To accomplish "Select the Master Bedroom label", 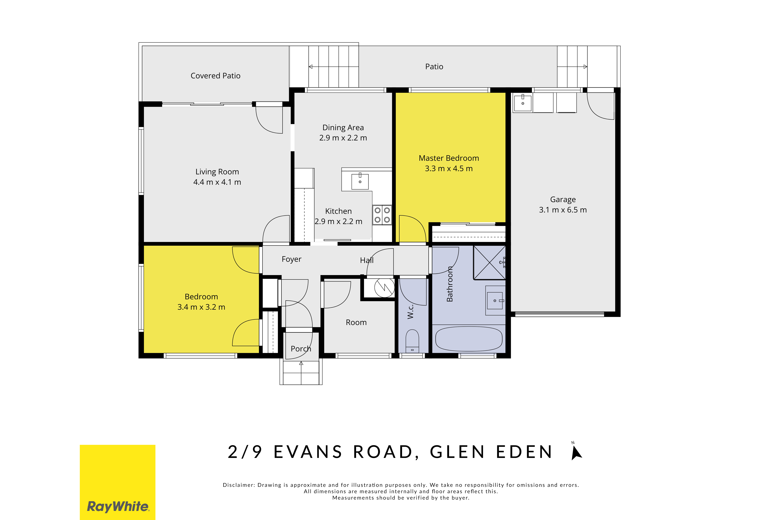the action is point(449,158).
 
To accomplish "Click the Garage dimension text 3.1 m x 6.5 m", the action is point(563,210).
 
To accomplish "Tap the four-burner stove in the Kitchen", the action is point(382,215).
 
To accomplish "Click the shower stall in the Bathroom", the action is point(489,262).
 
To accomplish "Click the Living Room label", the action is point(217,172).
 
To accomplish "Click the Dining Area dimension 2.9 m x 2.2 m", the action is point(343,138).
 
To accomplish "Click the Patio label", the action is point(434,67).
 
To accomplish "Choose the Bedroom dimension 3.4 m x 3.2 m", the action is point(201,307).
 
